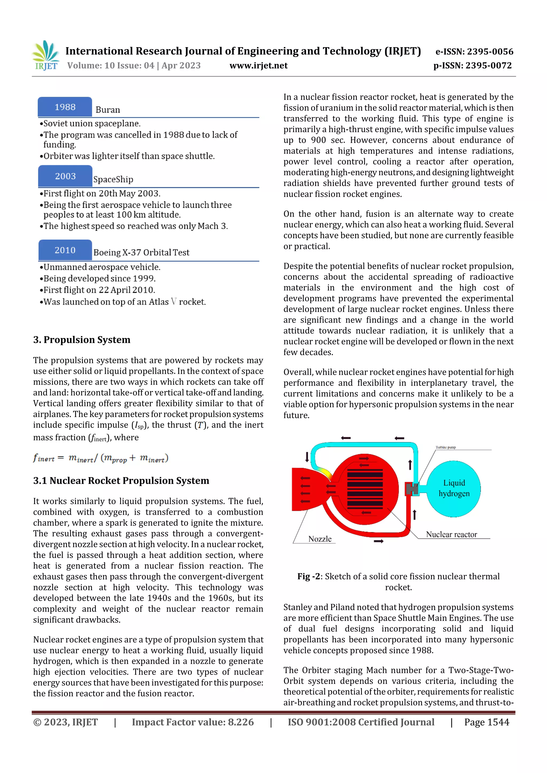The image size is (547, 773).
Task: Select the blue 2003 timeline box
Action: pos(65,176)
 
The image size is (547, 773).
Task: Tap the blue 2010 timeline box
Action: pos(65,250)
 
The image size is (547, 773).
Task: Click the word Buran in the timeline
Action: pos(108,110)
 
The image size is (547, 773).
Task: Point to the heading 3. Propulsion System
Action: pos(81,340)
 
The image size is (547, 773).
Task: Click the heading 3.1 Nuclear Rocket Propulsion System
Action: pos(121,481)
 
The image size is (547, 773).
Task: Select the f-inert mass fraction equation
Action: pos(100,458)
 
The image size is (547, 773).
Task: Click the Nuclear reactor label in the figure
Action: pos(451,535)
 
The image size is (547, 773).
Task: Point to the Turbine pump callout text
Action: pos(445,447)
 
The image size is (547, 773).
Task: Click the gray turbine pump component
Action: pos(412,489)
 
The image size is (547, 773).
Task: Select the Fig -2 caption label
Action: pos(308,577)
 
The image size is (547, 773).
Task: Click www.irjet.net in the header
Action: pos(259,65)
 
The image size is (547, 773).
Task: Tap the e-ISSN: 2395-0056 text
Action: pos(474,51)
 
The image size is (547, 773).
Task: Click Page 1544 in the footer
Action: pos(486,722)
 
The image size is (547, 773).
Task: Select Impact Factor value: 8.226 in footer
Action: pos(193,722)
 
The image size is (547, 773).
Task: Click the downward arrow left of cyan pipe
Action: pos(307,457)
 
